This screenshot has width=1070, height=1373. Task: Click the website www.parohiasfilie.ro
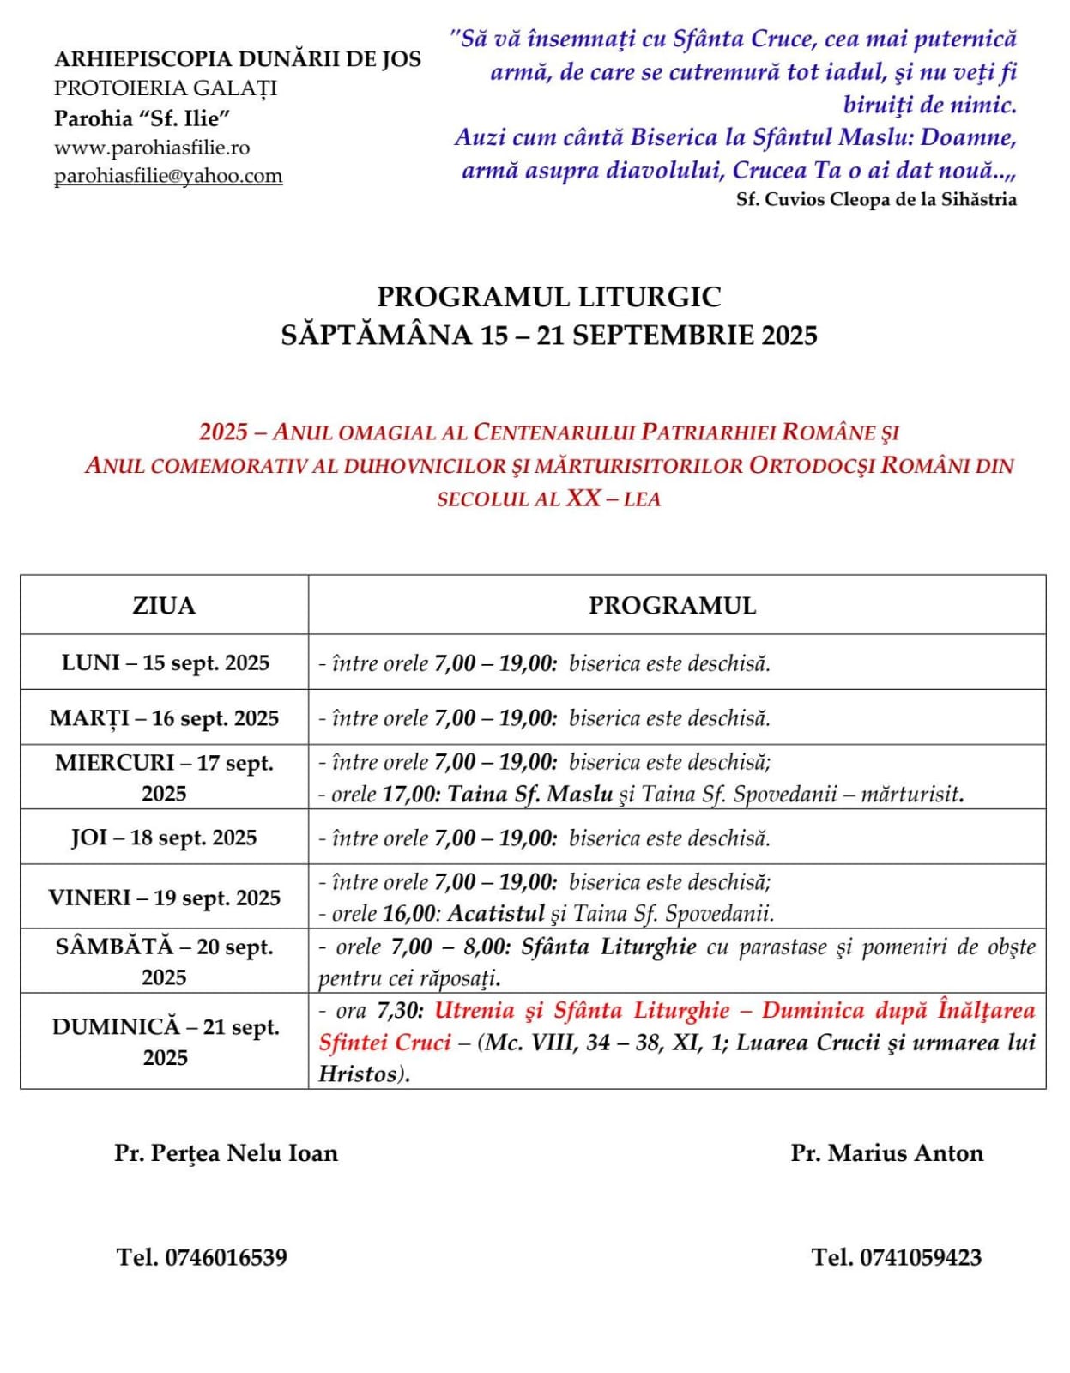(152, 148)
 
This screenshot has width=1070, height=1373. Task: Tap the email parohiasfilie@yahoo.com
(168, 176)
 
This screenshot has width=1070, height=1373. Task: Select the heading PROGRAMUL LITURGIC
(549, 297)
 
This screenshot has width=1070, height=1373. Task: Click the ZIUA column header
(164, 606)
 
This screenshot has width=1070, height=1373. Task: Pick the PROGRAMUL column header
(672, 606)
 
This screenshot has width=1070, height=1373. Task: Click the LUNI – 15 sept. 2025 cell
(165, 663)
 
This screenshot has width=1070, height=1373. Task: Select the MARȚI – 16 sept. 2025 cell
(165, 718)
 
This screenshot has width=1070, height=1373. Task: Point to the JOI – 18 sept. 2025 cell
(164, 838)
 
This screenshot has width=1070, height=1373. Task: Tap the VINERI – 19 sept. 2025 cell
(165, 898)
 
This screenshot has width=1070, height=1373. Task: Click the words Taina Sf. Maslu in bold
(529, 795)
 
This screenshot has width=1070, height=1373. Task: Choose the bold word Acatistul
(496, 914)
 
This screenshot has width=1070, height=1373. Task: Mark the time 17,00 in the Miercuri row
(409, 795)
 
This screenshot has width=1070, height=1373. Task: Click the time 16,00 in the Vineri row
(409, 914)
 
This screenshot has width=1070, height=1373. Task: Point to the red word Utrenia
(475, 1011)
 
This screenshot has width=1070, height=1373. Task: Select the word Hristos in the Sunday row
(357, 1074)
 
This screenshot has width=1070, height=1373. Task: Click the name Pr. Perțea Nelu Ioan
(226, 1153)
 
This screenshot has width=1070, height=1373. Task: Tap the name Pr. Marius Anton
(886, 1153)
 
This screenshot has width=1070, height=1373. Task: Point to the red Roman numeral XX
(583, 499)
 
